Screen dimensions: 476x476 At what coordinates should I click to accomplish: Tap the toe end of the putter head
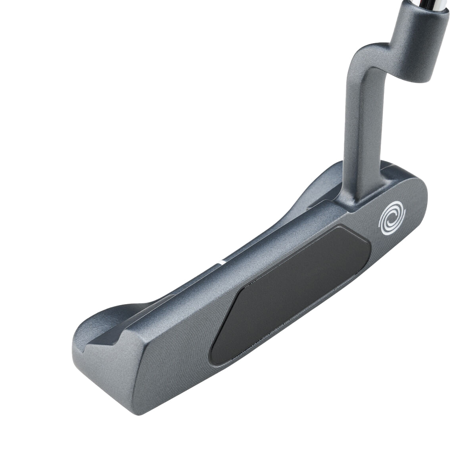[103, 369]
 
